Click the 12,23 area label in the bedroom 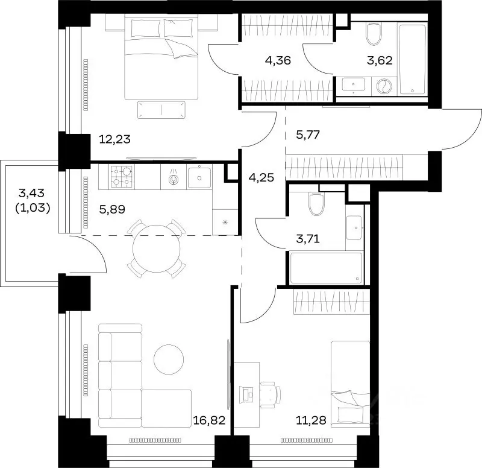pos(114,139)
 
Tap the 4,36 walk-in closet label pos(278,60)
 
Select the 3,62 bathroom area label pos(380,60)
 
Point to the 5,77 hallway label pos(308,134)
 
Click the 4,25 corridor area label pos(261,177)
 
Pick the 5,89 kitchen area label pos(112,209)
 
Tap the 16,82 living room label pos(209,420)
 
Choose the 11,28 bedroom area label pos(311,420)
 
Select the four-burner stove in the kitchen pos(122,177)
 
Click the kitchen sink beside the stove pos(199,177)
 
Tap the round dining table pos(157,248)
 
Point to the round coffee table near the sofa pos(169,359)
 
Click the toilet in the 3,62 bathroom pos(374,33)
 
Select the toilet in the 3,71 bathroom pos(317,204)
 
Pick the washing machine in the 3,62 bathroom pos(384,86)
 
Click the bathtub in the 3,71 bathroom pos(326,268)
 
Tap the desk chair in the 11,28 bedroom pos(271,394)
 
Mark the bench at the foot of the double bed pos(161,110)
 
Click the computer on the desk pos(246,394)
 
